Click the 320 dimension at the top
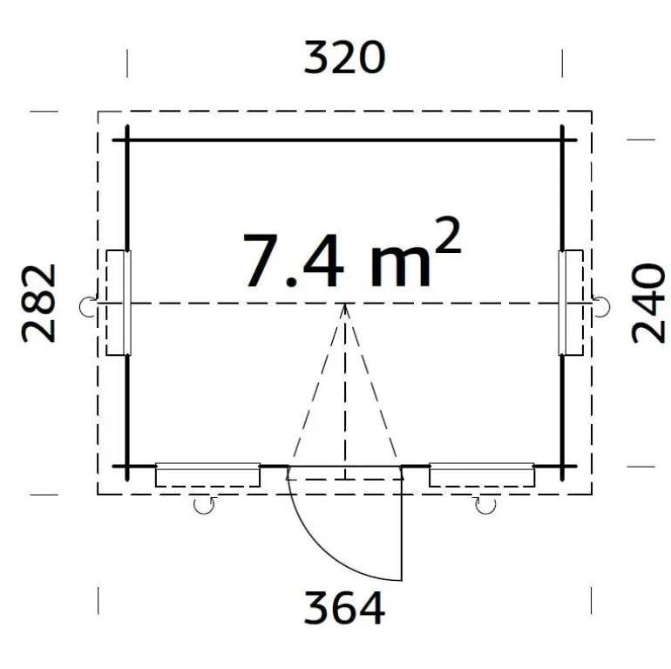[344, 58]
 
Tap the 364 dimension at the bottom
[344, 607]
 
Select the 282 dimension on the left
[38, 304]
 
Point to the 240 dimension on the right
[647, 304]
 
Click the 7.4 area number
[294, 261]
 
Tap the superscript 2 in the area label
[447, 236]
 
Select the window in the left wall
[119, 303]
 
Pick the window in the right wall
[571, 303]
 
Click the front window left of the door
[207, 474]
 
